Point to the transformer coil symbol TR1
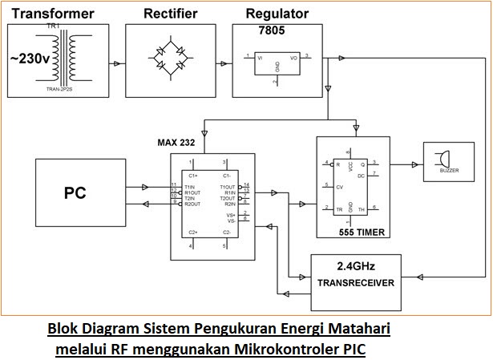[x=66, y=60]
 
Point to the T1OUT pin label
[x=228, y=185]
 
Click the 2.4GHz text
[x=355, y=265]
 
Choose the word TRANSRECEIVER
[x=356, y=283]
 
